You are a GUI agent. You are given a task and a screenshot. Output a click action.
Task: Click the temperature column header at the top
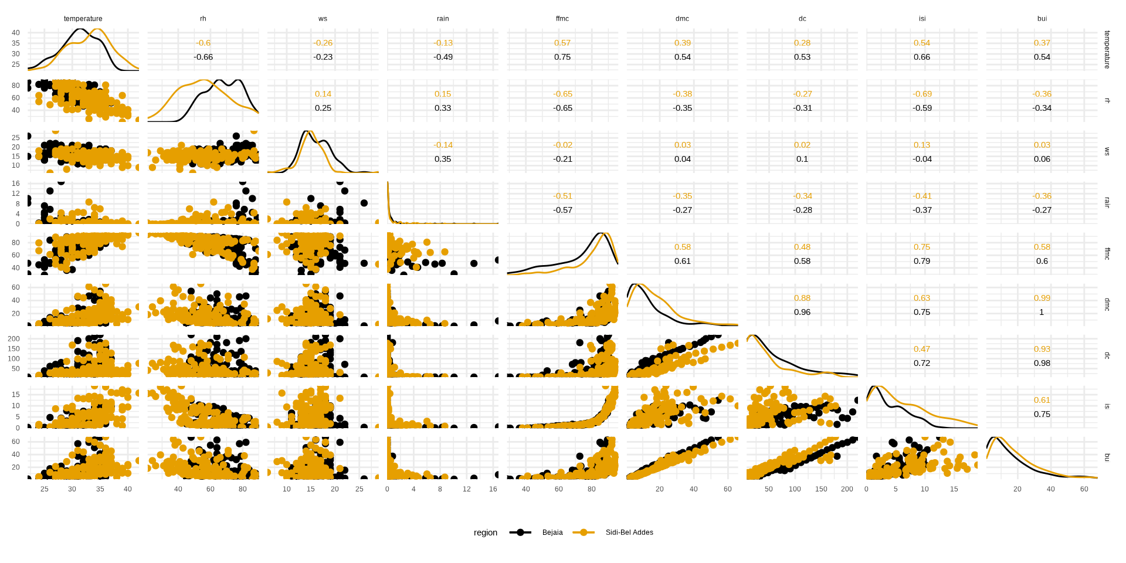point(83,19)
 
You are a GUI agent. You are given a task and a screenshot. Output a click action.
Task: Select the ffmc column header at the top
point(562,19)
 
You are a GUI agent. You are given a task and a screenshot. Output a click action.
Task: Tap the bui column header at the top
point(1042,19)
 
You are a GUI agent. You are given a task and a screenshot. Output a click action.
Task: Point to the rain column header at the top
point(443,19)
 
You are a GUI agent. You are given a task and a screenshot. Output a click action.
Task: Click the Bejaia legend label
point(552,533)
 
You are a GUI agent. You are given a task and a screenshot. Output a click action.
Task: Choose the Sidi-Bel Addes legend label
point(629,533)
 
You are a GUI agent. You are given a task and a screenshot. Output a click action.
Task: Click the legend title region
point(485,533)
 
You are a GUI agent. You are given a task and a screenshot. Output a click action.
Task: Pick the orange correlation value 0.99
point(1042,298)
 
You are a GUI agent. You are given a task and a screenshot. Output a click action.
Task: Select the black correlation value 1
point(1042,312)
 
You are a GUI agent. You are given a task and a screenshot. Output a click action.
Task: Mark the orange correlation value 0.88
point(802,298)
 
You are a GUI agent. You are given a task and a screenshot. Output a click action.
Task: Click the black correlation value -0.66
point(203,57)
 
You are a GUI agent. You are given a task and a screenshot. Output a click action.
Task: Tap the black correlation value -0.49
point(443,57)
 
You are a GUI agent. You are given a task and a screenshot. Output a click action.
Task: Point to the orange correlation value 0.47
point(922,349)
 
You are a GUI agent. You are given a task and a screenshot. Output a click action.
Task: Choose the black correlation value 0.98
point(1042,363)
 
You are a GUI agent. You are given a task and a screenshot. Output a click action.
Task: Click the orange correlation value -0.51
point(562,196)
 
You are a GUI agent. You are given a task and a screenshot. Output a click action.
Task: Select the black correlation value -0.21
point(562,159)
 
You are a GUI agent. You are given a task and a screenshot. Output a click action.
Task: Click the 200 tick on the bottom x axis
point(847,489)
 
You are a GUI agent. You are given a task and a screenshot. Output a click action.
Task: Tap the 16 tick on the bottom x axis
point(493,489)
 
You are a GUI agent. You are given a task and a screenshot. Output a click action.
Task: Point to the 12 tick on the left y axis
point(16,194)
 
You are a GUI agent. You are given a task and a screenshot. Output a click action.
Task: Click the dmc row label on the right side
point(1107,304)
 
